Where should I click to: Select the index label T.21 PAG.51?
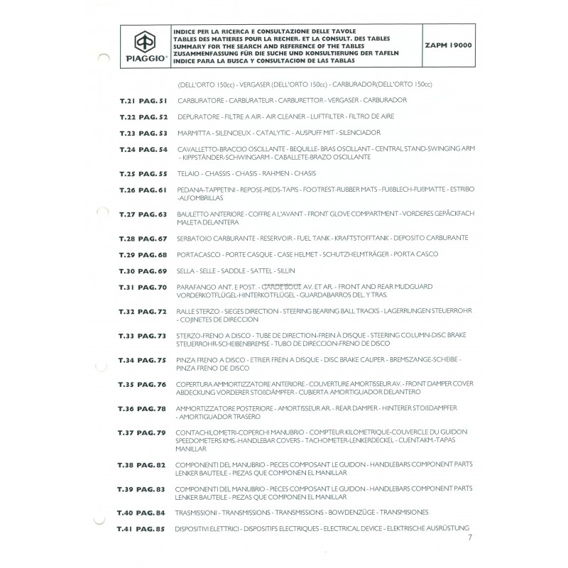[143, 100]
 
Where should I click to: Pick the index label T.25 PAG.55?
[143, 174]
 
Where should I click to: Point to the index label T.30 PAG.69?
[143, 271]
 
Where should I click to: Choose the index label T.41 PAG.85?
[141, 528]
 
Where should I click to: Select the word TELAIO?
[187, 174]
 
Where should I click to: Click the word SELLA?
[185, 271]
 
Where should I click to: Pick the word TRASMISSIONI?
[198, 512]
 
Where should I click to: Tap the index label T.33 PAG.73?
[143, 336]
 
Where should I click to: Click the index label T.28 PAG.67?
[143, 238]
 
